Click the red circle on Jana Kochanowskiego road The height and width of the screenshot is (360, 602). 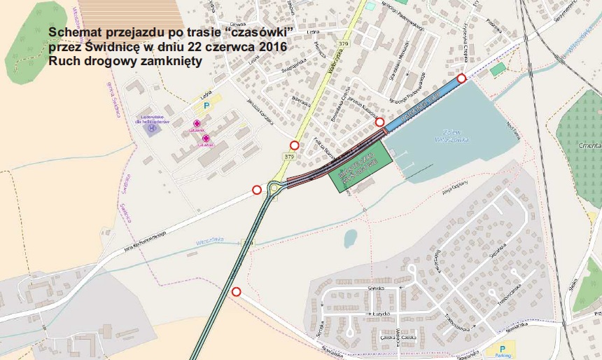click(257, 190)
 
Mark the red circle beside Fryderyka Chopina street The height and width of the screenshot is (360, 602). click(461, 78)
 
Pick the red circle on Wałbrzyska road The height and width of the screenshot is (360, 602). click(294, 146)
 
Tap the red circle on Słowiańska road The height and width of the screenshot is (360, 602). click(236, 291)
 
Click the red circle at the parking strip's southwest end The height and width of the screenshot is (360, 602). click(380, 123)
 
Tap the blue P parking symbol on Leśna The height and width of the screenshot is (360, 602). click(206, 105)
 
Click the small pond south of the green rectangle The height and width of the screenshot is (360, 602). click(350, 239)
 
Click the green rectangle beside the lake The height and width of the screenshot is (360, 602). click(358, 167)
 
